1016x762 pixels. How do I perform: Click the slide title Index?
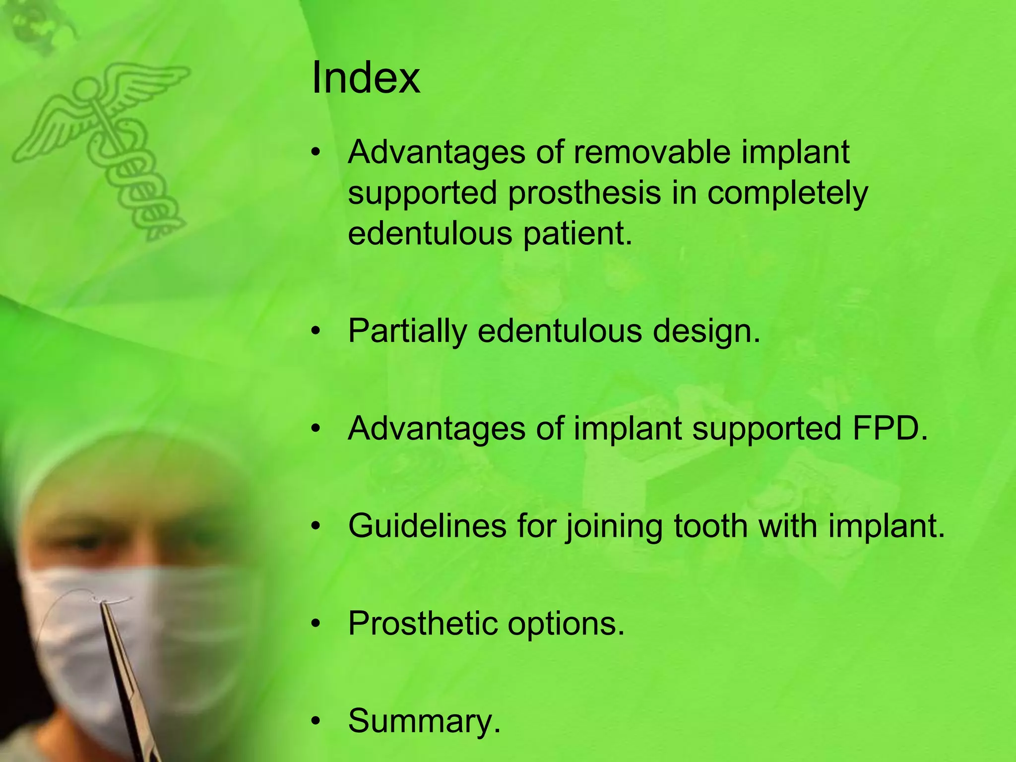(x=366, y=78)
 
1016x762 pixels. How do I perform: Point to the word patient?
(x=577, y=234)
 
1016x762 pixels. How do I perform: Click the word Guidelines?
(x=427, y=525)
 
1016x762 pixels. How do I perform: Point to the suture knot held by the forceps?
(x=102, y=602)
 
